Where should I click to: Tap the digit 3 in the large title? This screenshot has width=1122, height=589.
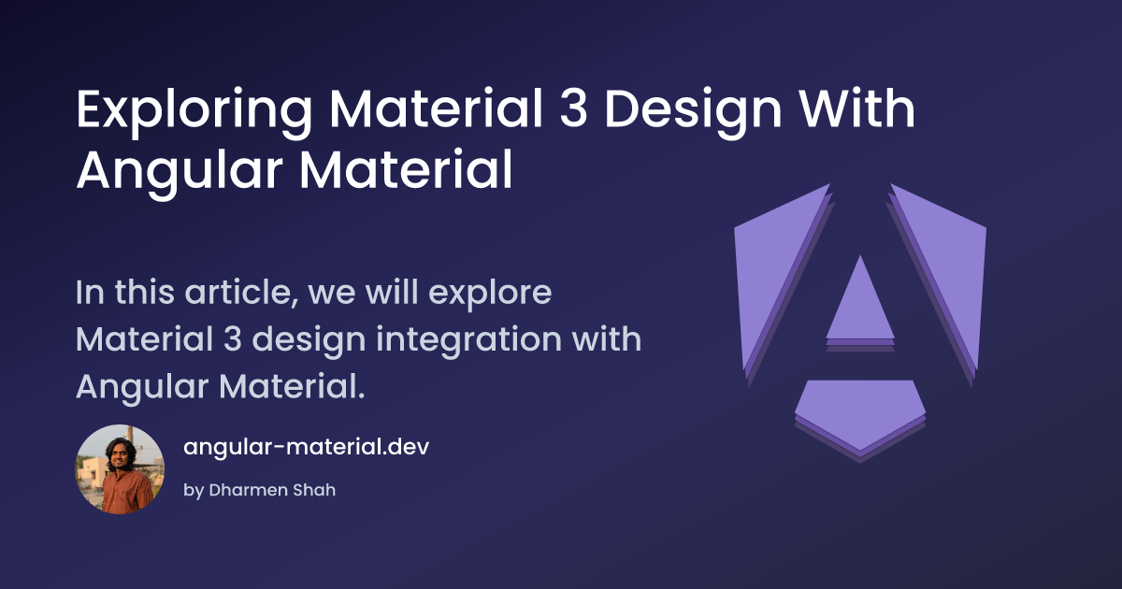tap(573, 108)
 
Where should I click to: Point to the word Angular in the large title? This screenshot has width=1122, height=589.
tap(180, 173)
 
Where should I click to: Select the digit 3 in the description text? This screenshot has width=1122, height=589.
tap(233, 339)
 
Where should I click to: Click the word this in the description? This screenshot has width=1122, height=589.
tap(144, 292)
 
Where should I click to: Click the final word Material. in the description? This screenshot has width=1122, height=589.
tap(292, 386)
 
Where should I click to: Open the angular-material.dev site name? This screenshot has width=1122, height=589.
tap(306, 447)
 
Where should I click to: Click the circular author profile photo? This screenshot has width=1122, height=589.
tap(120, 469)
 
